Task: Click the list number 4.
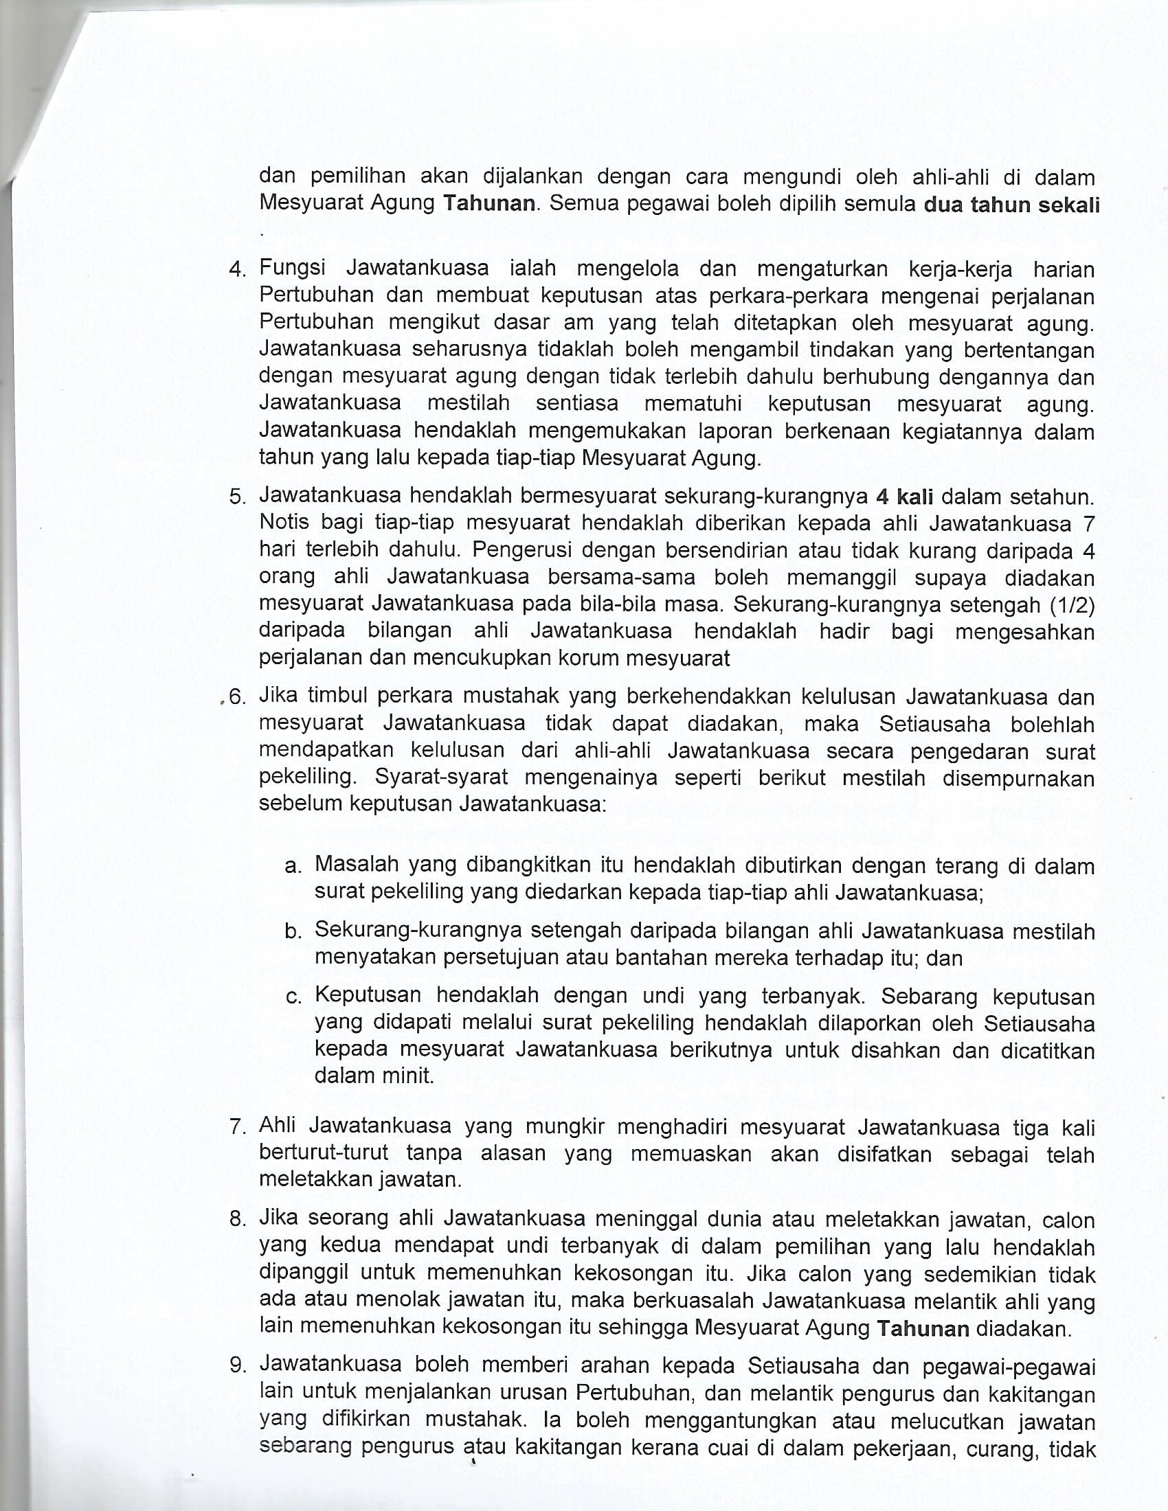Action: tap(236, 270)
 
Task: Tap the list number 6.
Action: tap(236, 697)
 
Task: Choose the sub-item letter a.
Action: tap(293, 866)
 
